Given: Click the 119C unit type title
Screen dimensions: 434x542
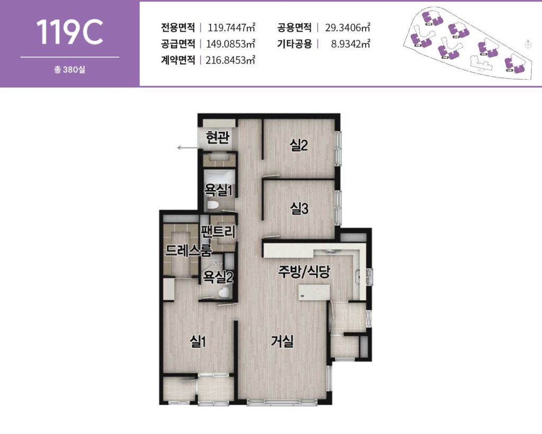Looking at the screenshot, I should pos(69,32).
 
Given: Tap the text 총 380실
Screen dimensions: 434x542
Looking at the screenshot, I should pos(69,69).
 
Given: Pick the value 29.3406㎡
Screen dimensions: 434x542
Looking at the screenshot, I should pos(347,28).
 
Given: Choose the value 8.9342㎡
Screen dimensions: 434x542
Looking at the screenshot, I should pos(350,43).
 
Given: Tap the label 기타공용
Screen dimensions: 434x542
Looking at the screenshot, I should pos(294,43).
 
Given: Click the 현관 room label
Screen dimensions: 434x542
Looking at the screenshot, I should pos(218,139).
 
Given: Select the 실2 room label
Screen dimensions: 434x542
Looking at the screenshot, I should pos(299,145).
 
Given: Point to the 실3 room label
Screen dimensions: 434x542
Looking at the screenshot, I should pos(299,209).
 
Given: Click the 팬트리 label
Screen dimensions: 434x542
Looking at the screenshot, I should pos(218,231).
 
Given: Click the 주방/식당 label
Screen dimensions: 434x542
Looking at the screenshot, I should pos(304,272).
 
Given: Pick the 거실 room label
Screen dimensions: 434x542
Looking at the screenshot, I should pos(282,342).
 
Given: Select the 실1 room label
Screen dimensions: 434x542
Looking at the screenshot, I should pos(198,342).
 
